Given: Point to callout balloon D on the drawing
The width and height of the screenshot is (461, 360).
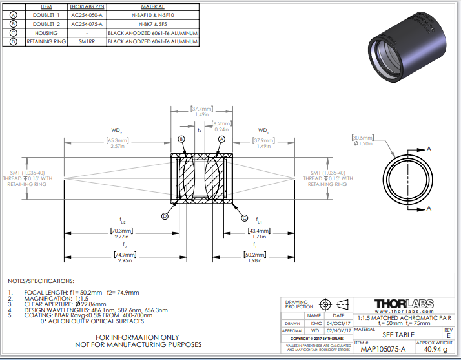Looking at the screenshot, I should [x=165, y=217].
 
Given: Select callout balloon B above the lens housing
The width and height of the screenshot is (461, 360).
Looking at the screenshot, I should [x=181, y=139].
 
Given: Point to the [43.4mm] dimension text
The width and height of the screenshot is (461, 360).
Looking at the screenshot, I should [x=259, y=231].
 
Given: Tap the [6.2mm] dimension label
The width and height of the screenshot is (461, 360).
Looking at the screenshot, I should [x=221, y=123].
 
